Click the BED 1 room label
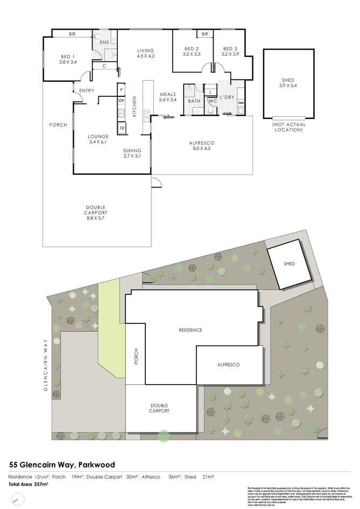(x=68, y=59)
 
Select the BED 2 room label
(x=191, y=51)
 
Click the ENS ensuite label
(x=104, y=41)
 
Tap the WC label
(x=212, y=101)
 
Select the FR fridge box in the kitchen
(x=122, y=128)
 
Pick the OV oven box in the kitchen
(x=122, y=101)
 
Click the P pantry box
(x=122, y=89)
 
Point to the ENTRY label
(x=87, y=90)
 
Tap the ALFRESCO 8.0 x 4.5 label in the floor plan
(x=202, y=145)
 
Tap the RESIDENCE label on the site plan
(x=190, y=330)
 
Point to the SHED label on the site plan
(x=289, y=264)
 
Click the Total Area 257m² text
(x=28, y=485)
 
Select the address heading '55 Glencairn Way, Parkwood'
(x=62, y=464)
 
